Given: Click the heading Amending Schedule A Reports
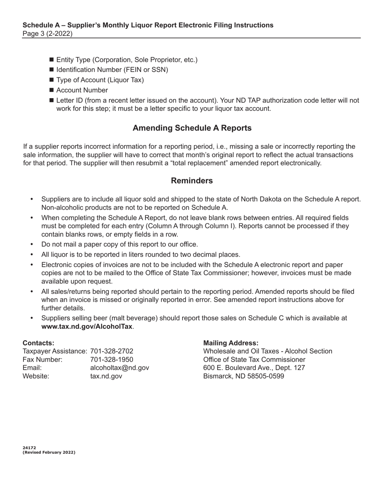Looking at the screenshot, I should click(x=192, y=128).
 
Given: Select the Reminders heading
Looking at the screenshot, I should click(x=192, y=181).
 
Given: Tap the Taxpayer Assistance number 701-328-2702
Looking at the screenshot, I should click(x=112, y=351).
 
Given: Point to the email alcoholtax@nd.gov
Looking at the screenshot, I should click(x=120, y=368).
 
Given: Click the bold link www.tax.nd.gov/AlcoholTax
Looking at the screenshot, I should click(x=87, y=326).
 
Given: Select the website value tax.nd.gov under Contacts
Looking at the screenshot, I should click(x=106, y=376).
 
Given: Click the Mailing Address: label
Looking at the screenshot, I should click(x=231, y=343).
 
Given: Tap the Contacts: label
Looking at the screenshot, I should click(x=38, y=343).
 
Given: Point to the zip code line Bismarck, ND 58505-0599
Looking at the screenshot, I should click(x=244, y=376).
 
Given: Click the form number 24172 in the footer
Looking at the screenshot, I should click(x=30, y=448).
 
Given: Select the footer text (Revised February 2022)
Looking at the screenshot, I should click(x=49, y=453).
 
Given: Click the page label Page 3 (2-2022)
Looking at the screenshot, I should click(x=48, y=34).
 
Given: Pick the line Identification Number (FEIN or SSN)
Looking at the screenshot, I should click(x=112, y=70).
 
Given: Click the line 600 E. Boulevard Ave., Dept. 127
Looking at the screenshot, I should click(x=254, y=368).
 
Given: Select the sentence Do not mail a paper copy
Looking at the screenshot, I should click(x=120, y=244).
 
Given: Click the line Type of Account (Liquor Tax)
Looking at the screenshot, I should click(x=100, y=80).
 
